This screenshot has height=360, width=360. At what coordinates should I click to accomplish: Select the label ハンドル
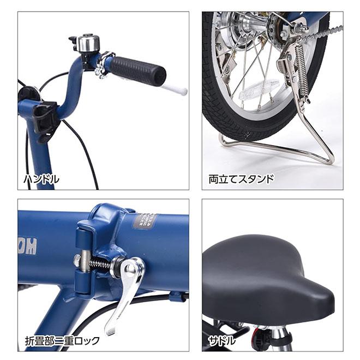[41, 178]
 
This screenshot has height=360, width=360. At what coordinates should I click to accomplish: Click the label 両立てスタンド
[241, 178]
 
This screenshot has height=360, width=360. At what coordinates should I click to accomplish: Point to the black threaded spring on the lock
[100, 262]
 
